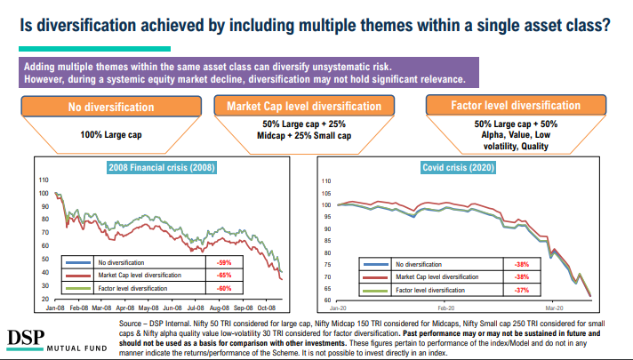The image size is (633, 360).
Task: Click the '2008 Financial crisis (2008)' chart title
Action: [x=163, y=167]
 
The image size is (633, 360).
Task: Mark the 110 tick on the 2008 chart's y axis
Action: [x=44, y=179]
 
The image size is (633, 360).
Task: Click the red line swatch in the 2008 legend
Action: [x=80, y=276]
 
